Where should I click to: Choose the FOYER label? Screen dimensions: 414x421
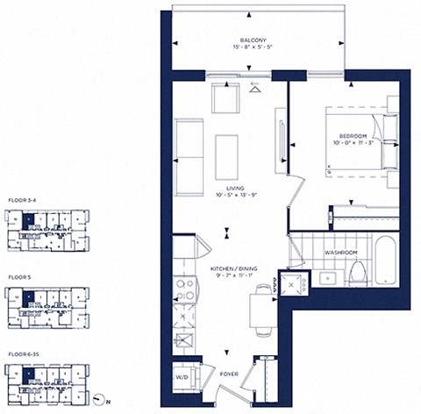228,372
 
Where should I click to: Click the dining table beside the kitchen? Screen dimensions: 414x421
261,310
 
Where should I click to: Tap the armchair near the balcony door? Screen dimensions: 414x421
225,103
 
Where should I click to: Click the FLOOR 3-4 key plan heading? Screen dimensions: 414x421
22,200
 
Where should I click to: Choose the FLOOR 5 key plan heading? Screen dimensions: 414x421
18,276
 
